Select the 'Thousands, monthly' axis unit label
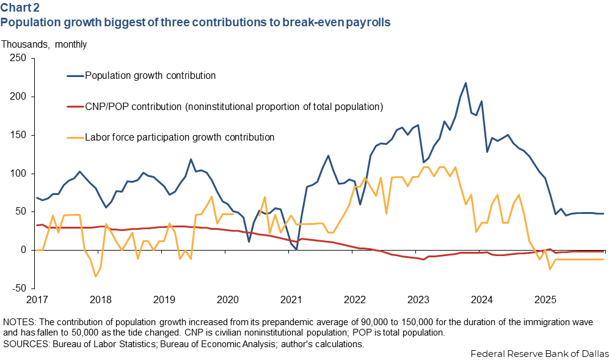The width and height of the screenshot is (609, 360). click(44, 44)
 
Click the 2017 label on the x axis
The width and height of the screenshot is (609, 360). click(37, 300)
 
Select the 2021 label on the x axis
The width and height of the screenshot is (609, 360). click(291, 300)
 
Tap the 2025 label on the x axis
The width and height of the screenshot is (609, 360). click(545, 300)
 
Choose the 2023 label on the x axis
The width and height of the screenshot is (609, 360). click(418, 300)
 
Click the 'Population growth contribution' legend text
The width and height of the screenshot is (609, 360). click(150, 76)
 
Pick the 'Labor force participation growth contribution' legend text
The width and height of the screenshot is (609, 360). click(180, 138)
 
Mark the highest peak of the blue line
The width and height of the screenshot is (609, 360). click(465, 83)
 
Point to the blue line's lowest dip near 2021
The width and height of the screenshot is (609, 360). click(296, 249)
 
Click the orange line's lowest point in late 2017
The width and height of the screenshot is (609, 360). click(95, 276)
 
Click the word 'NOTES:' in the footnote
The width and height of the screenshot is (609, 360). click(18, 321)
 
